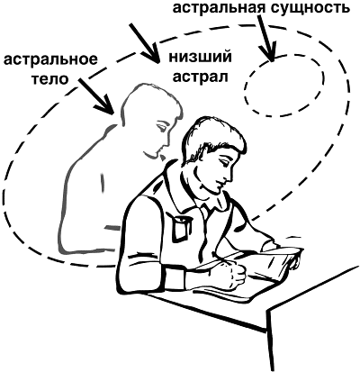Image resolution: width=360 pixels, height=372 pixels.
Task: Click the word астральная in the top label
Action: [x=216, y=8]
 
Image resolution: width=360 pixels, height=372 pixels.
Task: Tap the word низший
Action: [x=200, y=57]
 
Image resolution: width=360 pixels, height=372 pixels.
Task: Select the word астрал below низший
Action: [x=201, y=77]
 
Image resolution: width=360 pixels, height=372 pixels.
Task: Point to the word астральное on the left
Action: [x=50, y=59]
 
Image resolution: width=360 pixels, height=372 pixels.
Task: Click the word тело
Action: [x=50, y=79]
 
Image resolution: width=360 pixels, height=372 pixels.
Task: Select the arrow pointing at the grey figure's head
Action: [x=96, y=95]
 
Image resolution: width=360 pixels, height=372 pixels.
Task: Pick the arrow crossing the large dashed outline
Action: [x=143, y=43]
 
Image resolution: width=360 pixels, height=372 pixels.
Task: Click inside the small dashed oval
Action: [x=284, y=85]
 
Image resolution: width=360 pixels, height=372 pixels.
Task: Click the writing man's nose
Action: [x=230, y=175]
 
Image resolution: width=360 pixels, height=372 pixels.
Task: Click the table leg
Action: [x=271, y=340]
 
